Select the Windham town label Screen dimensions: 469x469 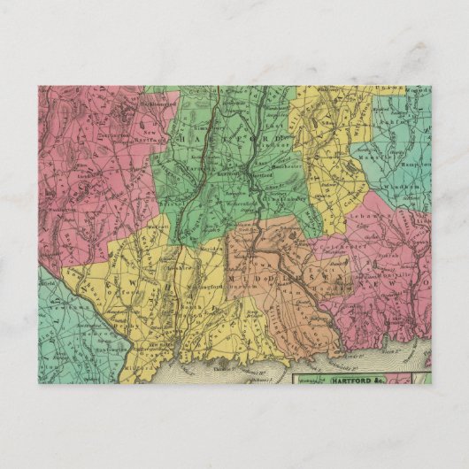pos(410,189)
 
